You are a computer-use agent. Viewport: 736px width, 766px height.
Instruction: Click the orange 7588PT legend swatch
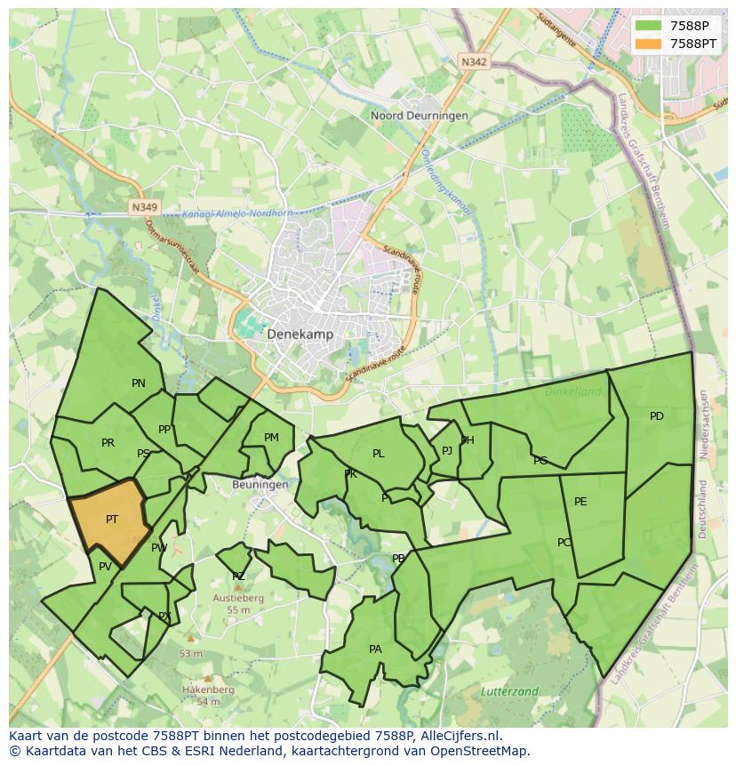(649, 44)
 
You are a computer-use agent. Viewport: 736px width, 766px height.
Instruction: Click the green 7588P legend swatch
(649, 25)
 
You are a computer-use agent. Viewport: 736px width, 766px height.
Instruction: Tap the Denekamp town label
(300, 335)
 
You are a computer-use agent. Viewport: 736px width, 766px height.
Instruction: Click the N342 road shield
(475, 61)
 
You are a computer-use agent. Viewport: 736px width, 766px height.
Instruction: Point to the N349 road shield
(143, 207)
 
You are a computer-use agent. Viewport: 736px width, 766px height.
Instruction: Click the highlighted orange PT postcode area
(108, 520)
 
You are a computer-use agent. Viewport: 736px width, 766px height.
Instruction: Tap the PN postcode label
(139, 383)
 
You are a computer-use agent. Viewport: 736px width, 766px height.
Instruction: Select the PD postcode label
(656, 416)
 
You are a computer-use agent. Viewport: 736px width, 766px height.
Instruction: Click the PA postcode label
(375, 649)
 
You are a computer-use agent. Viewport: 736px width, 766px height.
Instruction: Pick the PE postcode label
(580, 502)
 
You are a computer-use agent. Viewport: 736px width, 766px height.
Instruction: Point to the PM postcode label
(271, 437)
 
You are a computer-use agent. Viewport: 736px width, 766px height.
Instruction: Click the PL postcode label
(379, 454)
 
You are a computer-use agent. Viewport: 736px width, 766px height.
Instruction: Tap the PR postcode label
(108, 443)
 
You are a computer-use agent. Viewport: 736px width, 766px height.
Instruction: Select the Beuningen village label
(260, 485)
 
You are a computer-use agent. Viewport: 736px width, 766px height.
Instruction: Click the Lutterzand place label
(509, 691)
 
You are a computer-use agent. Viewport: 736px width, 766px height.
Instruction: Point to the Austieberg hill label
(238, 599)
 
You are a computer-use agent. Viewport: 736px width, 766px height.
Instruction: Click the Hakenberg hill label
(208, 689)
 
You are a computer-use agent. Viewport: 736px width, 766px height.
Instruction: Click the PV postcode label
(105, 567)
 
